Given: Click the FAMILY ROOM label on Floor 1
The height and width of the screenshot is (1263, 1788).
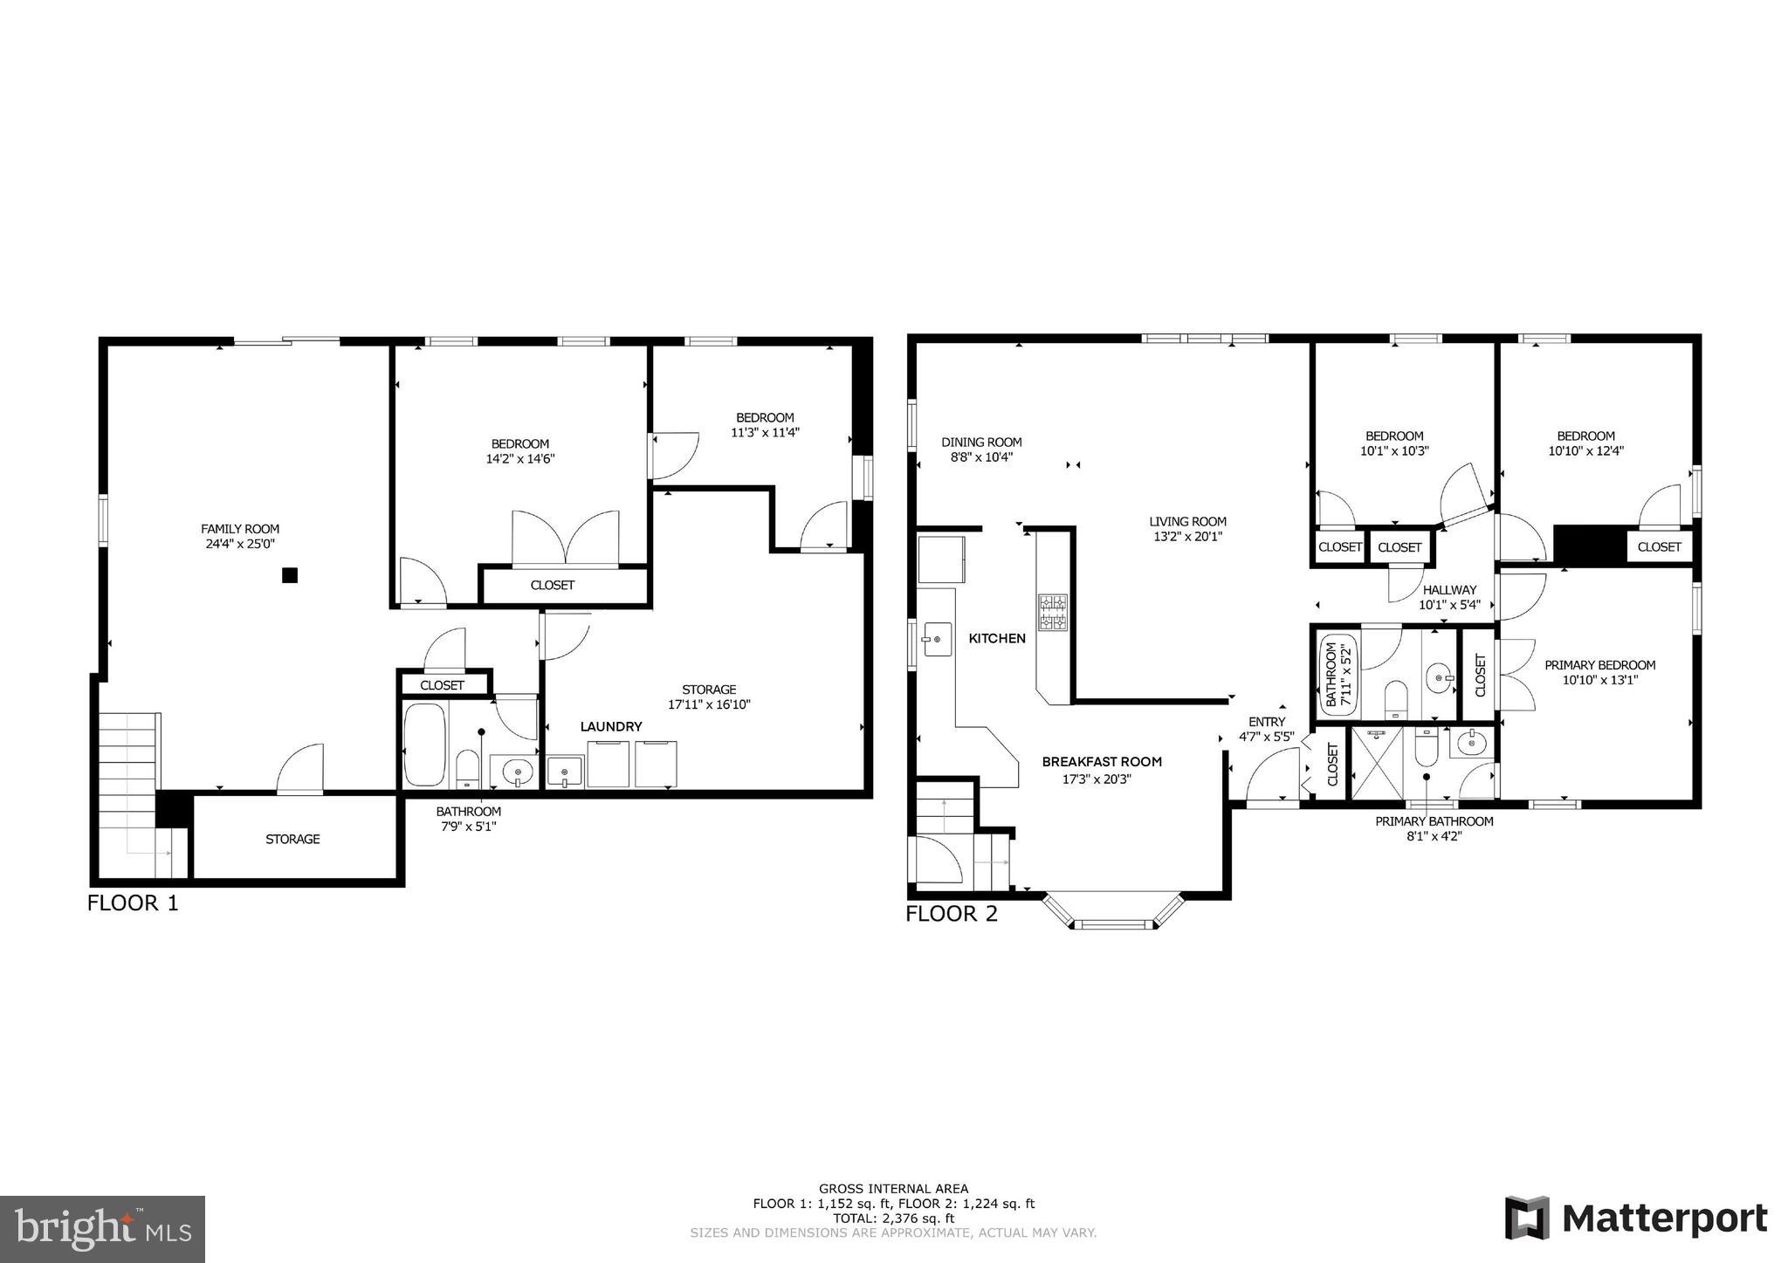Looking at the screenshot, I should [x=240, y=529].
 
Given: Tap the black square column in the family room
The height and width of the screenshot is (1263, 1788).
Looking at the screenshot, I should [x=290, y=575].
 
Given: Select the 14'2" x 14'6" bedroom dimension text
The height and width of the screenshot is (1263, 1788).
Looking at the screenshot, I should [x=520, y=458].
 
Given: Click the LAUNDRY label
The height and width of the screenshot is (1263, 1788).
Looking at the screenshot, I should [x=611, y=726].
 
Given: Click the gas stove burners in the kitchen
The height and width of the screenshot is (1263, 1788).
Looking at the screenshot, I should [x=1052, y=612].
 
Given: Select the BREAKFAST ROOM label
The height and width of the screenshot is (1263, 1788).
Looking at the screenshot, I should [x=1102, y=762].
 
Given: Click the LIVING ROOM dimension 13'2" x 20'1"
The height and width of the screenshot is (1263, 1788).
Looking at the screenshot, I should [x=1187, y=537].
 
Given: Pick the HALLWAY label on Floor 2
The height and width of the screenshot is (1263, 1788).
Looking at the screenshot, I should [x=1449, y=590].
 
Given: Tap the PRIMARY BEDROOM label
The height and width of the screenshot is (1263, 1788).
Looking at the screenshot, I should [x=1599, y=665].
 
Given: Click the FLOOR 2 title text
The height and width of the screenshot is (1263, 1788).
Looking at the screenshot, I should [x=951, y=914].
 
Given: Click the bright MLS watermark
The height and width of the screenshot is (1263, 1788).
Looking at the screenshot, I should [x=103, y=1229].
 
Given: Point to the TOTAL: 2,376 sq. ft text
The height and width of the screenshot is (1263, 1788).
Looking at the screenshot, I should [x=893, y=1218].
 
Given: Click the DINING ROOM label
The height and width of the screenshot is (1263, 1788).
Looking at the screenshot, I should [x=981, y=443].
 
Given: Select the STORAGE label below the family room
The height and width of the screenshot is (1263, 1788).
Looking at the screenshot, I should [x=292, y=839].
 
